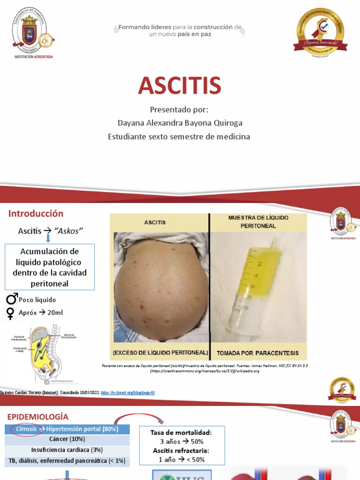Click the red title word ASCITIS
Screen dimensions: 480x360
pyautogui.click(x=180, y=85)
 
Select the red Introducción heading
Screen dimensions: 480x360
pyautogui.click(x=36, y=214)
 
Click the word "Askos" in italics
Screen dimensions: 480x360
pyautogui.click(x=68, y=231)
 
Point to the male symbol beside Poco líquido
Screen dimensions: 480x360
pyautogui.click(x=11, y=299)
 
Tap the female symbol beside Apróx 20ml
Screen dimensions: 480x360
pyautogui.click(x=9, y=313)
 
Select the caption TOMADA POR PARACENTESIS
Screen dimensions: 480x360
pyautogui.click(x=257, y=352)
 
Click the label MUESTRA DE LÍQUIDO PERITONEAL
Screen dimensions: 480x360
pyautogui.click(x=258, y=222)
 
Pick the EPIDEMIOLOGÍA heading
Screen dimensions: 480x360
pyautogui.click(x=38, y=417)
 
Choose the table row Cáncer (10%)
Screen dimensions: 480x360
pyautogui.click(x=67, y=440)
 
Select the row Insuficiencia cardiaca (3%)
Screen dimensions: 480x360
pyautogui.click(x=67, y=450)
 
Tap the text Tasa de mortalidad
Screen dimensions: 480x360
pyautogui.click(x=181, y=433)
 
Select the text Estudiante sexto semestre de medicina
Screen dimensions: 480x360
pyautogui.click(x=179, y=137)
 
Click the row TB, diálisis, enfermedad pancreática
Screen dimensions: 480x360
pyautogui.click(x=67, y=461)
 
